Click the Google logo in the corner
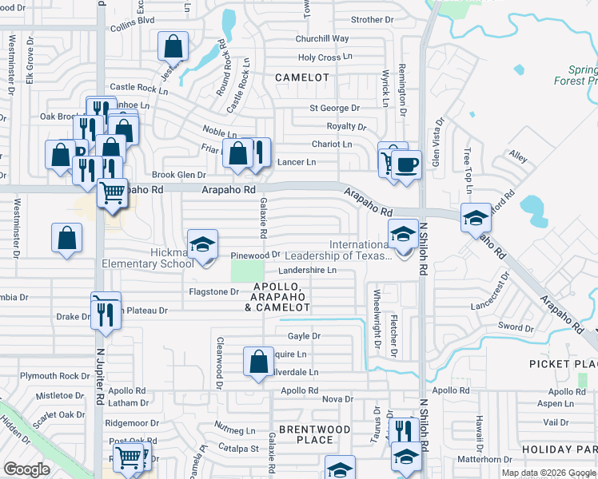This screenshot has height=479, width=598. [26, 469]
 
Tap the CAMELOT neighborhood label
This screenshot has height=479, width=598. [302, 77]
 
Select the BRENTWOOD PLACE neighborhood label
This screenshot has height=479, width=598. [315, 434]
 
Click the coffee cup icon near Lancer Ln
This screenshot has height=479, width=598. [407, 164]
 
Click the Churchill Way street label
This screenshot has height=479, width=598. [322, 38]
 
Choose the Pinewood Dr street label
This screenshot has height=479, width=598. [254, 255]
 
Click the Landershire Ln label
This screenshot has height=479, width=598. [307, 271]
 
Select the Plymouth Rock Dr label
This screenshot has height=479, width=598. [50, 376]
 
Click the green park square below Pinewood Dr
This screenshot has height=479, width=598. [247, 271]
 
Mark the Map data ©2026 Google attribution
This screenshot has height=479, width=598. [548, 473]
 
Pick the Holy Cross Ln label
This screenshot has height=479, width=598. [325, 57]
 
